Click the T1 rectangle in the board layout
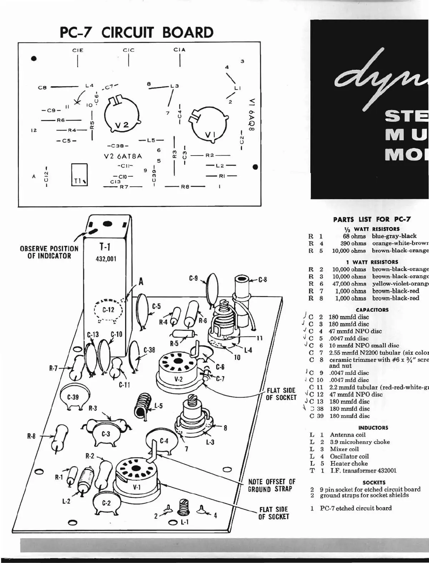click(79, 174)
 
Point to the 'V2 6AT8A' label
click(123, 156)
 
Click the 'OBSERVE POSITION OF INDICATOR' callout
click(49, 252)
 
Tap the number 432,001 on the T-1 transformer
click(106, 259)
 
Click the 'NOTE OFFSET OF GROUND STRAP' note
click(272, 486)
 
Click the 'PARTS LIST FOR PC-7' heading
click(372, 219)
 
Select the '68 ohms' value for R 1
click(353, 236)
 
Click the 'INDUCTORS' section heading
click(373, 427)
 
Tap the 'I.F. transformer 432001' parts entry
click(363, 471)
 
